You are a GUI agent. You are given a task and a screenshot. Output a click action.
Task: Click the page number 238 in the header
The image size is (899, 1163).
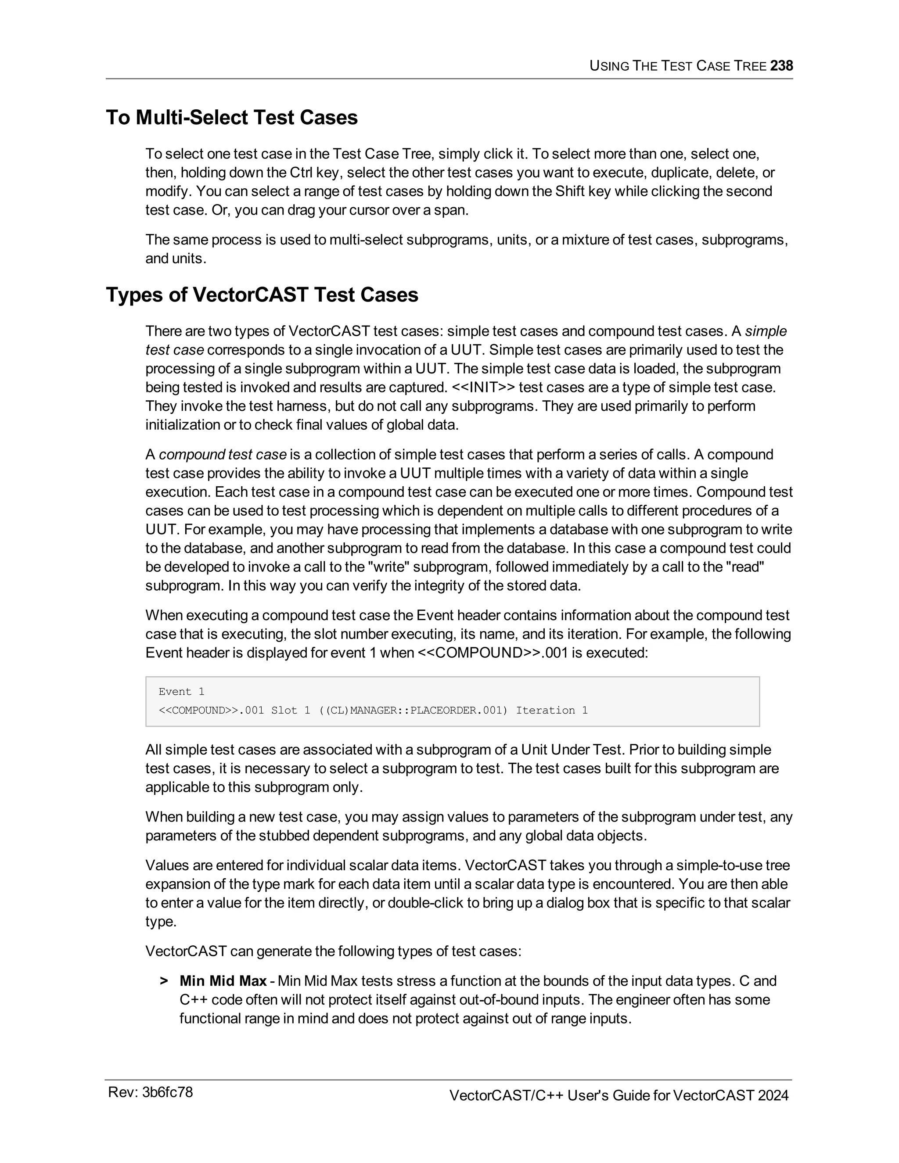781,65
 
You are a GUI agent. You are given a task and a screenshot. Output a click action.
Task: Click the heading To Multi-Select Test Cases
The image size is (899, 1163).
232,118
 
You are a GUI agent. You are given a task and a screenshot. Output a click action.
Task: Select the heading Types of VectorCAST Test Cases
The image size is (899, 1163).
262,295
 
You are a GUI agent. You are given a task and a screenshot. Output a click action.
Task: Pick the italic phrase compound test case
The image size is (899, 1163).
223,454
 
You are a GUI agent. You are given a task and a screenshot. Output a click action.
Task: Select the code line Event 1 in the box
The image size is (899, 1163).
181,692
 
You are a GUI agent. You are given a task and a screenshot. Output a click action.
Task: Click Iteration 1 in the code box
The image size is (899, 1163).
552,711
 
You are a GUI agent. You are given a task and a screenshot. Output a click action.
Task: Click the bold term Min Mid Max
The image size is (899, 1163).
223,980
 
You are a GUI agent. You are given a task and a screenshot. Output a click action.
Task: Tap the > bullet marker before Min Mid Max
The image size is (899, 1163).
163,981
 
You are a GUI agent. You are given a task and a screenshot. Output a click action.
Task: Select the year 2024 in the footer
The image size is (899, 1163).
773,1095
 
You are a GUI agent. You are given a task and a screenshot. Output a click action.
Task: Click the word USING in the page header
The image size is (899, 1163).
609,66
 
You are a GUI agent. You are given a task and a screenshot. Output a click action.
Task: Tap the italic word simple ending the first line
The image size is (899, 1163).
765,331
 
